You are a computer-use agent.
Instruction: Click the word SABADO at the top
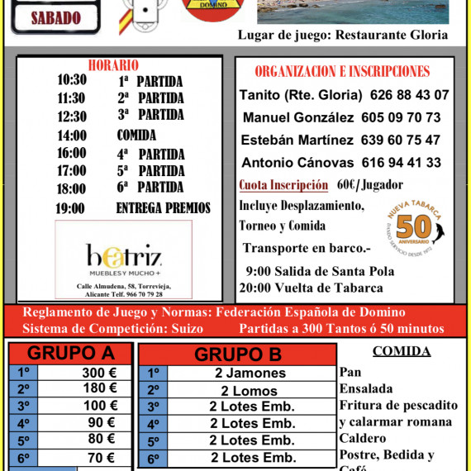point(55,17)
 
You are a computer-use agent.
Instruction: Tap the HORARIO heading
point(112,65)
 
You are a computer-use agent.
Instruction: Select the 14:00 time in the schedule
point(72,136)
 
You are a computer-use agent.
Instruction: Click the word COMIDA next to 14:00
point(136,136)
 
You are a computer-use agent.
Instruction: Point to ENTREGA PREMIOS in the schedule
point(163,208)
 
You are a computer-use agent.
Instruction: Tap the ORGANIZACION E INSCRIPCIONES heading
point(342,72)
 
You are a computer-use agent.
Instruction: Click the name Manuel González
point(297,117)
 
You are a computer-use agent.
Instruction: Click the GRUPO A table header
point(71,354)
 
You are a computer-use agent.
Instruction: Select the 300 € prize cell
point(99,373)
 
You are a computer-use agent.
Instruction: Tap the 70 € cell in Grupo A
point(99,458)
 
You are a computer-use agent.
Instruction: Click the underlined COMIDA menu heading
point(402,351)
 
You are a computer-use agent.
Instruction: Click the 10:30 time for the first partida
point(72,80)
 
